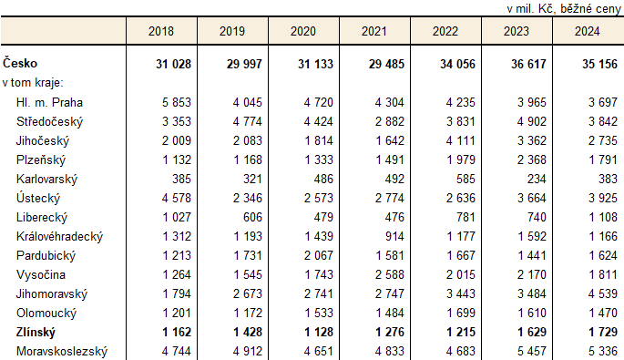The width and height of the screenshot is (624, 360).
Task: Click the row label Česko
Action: point(21,63)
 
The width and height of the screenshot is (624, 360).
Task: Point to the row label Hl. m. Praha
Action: point(49,102)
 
